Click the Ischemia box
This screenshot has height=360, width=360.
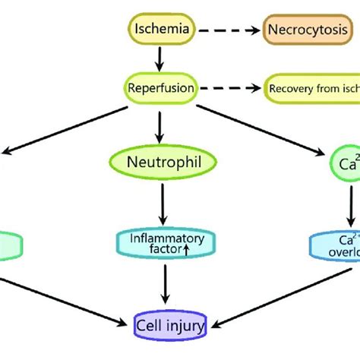pyautogui.click(x=159, y=31)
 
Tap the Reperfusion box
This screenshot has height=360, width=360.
pyautogui.click(x=160, y=88)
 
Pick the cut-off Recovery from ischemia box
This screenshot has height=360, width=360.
pyautogui.click(x=311, y=88)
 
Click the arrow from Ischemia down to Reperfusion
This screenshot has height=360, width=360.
pyautogui.click(x=160, y=58)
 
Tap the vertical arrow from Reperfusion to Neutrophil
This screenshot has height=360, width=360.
pyautogui.click(x=160, y=123)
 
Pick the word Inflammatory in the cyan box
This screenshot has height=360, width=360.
pyautogui.click(x=160, y=238)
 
